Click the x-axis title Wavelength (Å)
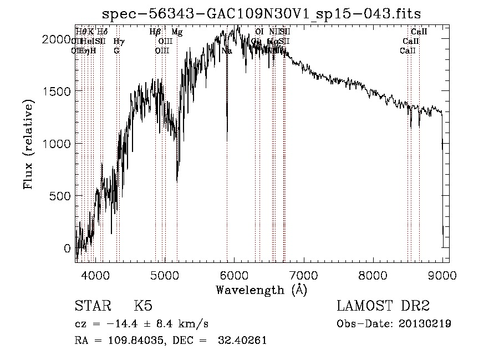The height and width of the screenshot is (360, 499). click(x=262, y=290)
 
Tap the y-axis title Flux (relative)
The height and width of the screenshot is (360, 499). click(x=28, y=145)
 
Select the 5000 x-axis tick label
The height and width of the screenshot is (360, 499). click(x=165, y=275)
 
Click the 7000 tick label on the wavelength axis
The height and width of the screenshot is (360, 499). click(x=303, y=275)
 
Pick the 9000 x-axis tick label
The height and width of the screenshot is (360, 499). click(x=442, y=275)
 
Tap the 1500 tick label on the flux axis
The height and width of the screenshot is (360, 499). click(x=60, y=91)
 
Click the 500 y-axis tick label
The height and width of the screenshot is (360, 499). click(x=63, y=196)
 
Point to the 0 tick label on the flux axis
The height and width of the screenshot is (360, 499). click(x=68, y=249)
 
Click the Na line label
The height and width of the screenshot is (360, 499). click(x=226, y=51)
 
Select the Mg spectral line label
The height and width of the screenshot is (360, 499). click(x=177, y=32)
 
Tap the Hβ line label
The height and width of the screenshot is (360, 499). click(x=155, y=32)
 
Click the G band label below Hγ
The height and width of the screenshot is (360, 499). click(x=116, y=51)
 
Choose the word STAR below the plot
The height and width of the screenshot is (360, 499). click(x=91, y=307)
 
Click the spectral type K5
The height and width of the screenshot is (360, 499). click(x=143, y=307)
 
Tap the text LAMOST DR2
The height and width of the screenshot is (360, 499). click(x=383, y=307)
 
